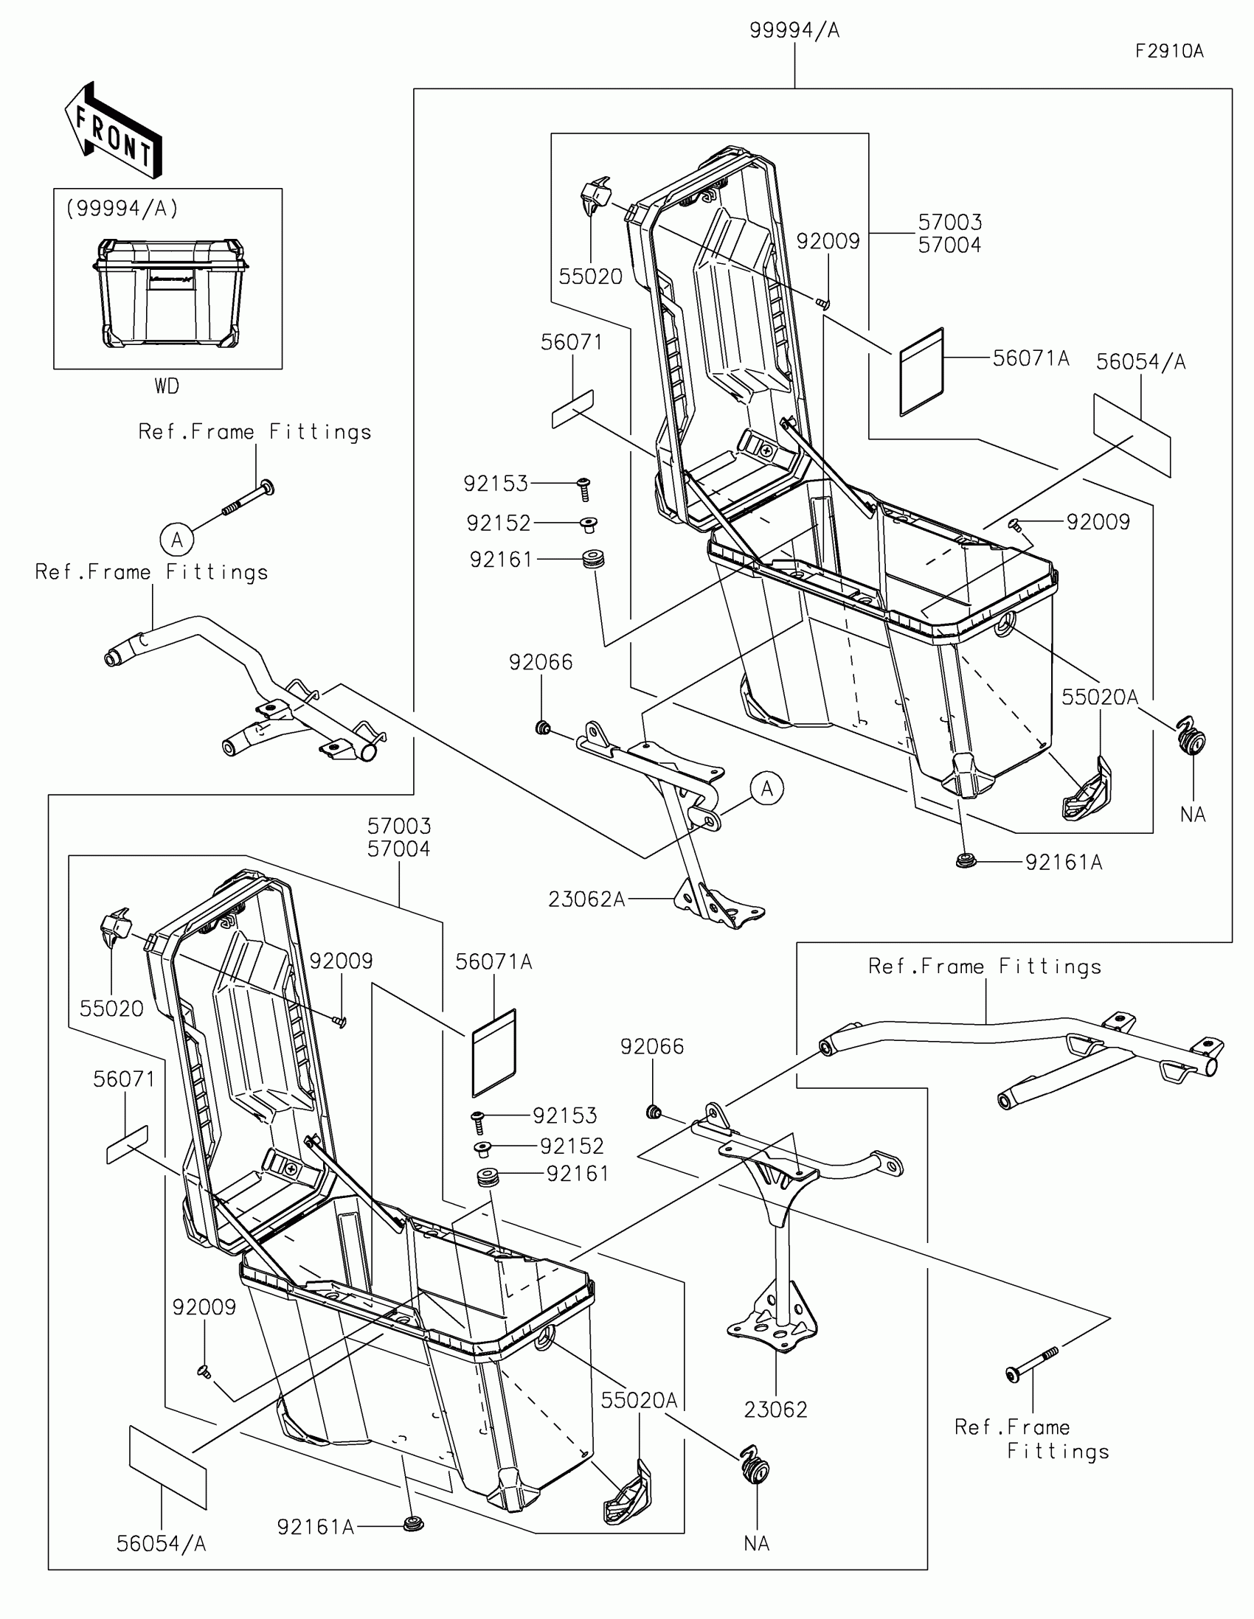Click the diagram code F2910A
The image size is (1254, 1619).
pyautogui.click(x=1169, y=51)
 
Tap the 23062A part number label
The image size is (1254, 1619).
pyautogui.click(x=586, y=900)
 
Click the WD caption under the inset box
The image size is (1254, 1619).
pyautogui.click(x=167, y=386)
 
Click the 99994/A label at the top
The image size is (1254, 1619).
pyautogui.click(x=794, y=30)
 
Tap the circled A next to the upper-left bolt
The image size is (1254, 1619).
pyautogui.click(x=176, y=540)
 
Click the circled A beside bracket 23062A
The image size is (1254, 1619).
pyautogui.click(x=767, y=788)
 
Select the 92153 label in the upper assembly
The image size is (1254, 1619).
pyautogui.click(x=496, y=484)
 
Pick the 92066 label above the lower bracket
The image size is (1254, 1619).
pyautogui.click(x=652, y=1047)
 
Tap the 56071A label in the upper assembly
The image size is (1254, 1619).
pyautogui.click(x=1030, y=359)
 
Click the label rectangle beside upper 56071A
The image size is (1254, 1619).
pyautogui.click(x=922, y=372)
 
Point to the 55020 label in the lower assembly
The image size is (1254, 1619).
pyautogui.click(x=111, y=1009)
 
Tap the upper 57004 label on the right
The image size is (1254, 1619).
pyautogui.click(x=949, y=246)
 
